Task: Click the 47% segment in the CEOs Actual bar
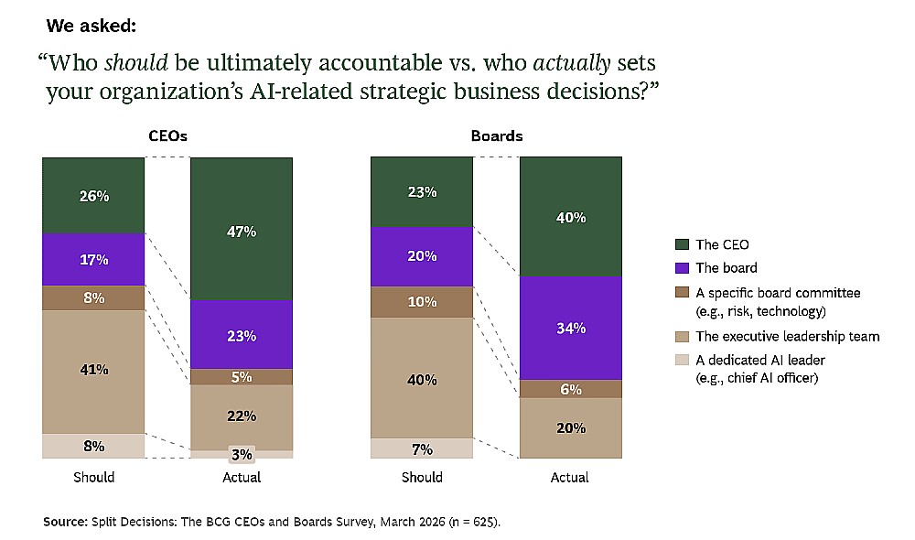coord(242,229)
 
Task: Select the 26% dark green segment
coord(93,196)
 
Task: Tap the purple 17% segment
coord(93,260)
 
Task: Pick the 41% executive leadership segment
coord(93,372)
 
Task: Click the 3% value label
coord(242,454)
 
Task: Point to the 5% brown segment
coord(242,377)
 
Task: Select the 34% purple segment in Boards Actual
coord(571,328)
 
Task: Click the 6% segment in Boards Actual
coord(571,389)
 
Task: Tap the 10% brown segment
coord(422,302)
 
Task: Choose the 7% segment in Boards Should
coord(422,448)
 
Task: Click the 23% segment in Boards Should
coord(422,192)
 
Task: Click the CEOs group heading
coord(167,136)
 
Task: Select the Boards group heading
coord(497,136)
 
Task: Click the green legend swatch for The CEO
coord(682,244)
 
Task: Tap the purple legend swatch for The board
coord(682,268)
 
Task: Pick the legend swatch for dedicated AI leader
coord(682,360)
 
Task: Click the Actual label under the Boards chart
coord(569,478)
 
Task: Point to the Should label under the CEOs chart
coord(94,478)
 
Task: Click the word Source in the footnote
coord(65,522)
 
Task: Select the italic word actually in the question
coord(572,63)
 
